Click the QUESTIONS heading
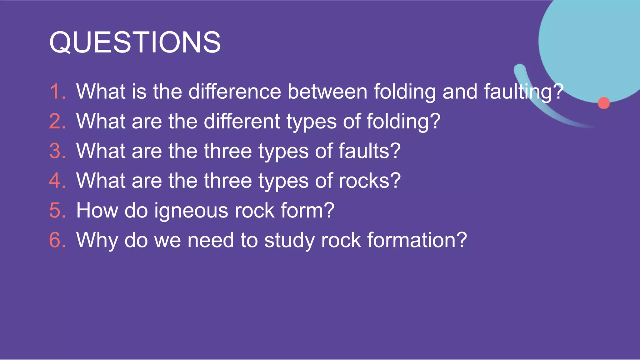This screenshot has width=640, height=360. click(x=135, y=42)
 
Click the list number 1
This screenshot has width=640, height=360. click(x=58, y=92)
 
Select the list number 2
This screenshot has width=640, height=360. click(x=58, y=121)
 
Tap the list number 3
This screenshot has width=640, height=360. click(x=58, y=151)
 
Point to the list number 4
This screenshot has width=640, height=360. click(x=58, y=181)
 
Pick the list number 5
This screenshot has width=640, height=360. click(x=58, y=210)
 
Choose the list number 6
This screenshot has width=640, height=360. click(x=58, y=240)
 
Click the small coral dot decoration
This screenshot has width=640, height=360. click(x=603, y=103)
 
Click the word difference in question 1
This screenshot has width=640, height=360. click(x=235, y=92)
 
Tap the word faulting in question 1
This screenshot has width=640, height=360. click(x=519, y=92)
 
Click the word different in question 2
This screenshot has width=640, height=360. click(x=242, y=121)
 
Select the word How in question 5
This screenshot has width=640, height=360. click(x=97, y=210)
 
